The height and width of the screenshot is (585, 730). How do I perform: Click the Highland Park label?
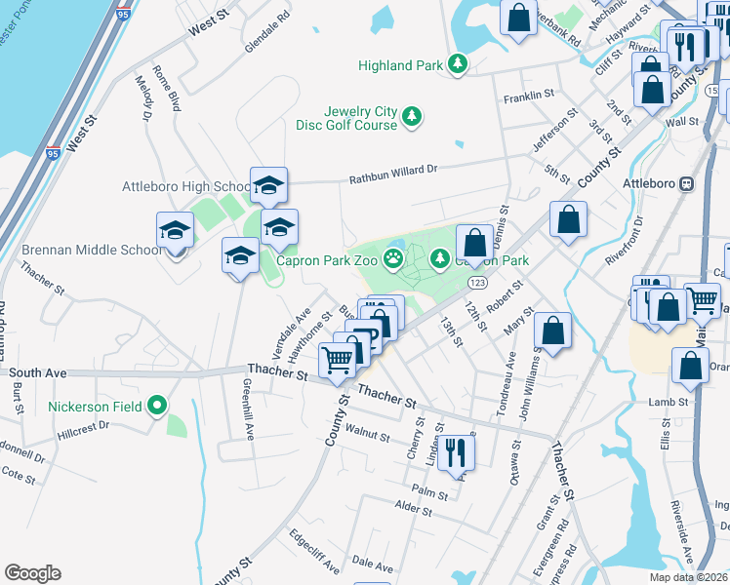(x=400, y=65)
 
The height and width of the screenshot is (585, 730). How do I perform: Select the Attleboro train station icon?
(x=687, y=183)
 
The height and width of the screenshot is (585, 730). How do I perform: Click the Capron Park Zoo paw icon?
(x=393, y=258)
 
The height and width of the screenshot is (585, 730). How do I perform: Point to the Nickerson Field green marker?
(x=158, y=406)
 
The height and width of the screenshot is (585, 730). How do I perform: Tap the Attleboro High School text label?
(x=186, y=186)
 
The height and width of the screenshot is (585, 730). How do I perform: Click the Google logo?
(x=32, y=573)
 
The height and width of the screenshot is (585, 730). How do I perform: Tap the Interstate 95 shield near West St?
(x=54, y=153)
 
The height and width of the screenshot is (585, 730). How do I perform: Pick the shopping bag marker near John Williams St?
(x=553, y=331)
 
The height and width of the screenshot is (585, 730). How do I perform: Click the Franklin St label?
(x=528, y=98)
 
